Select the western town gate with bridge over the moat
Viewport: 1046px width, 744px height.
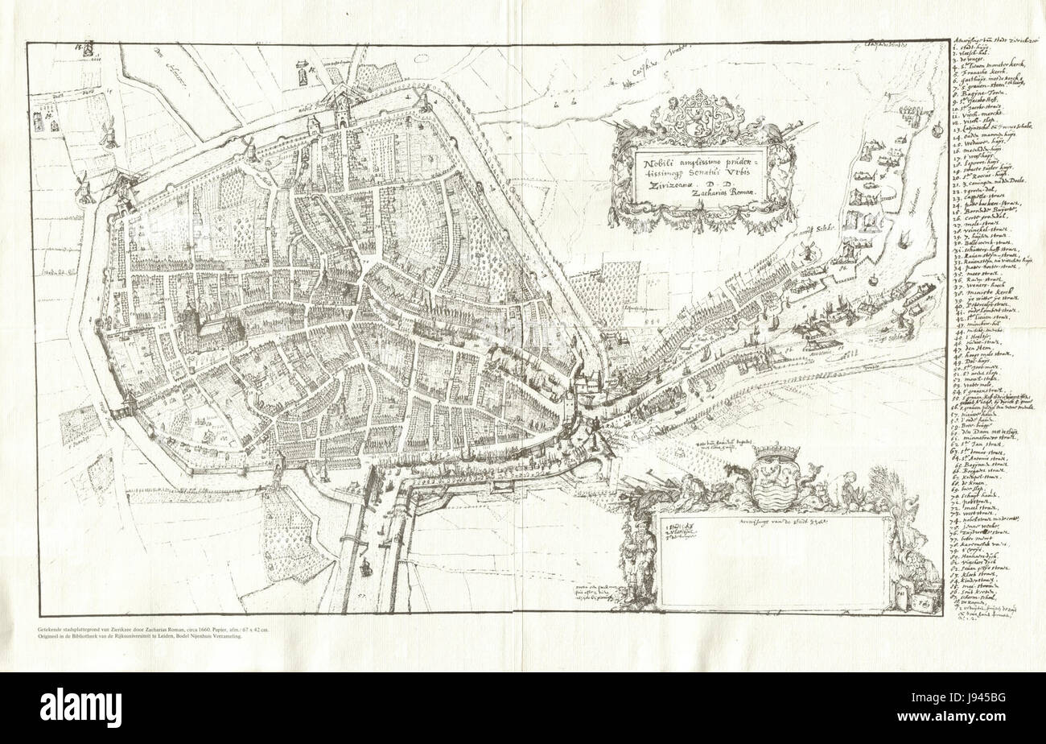tap(126, 403)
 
